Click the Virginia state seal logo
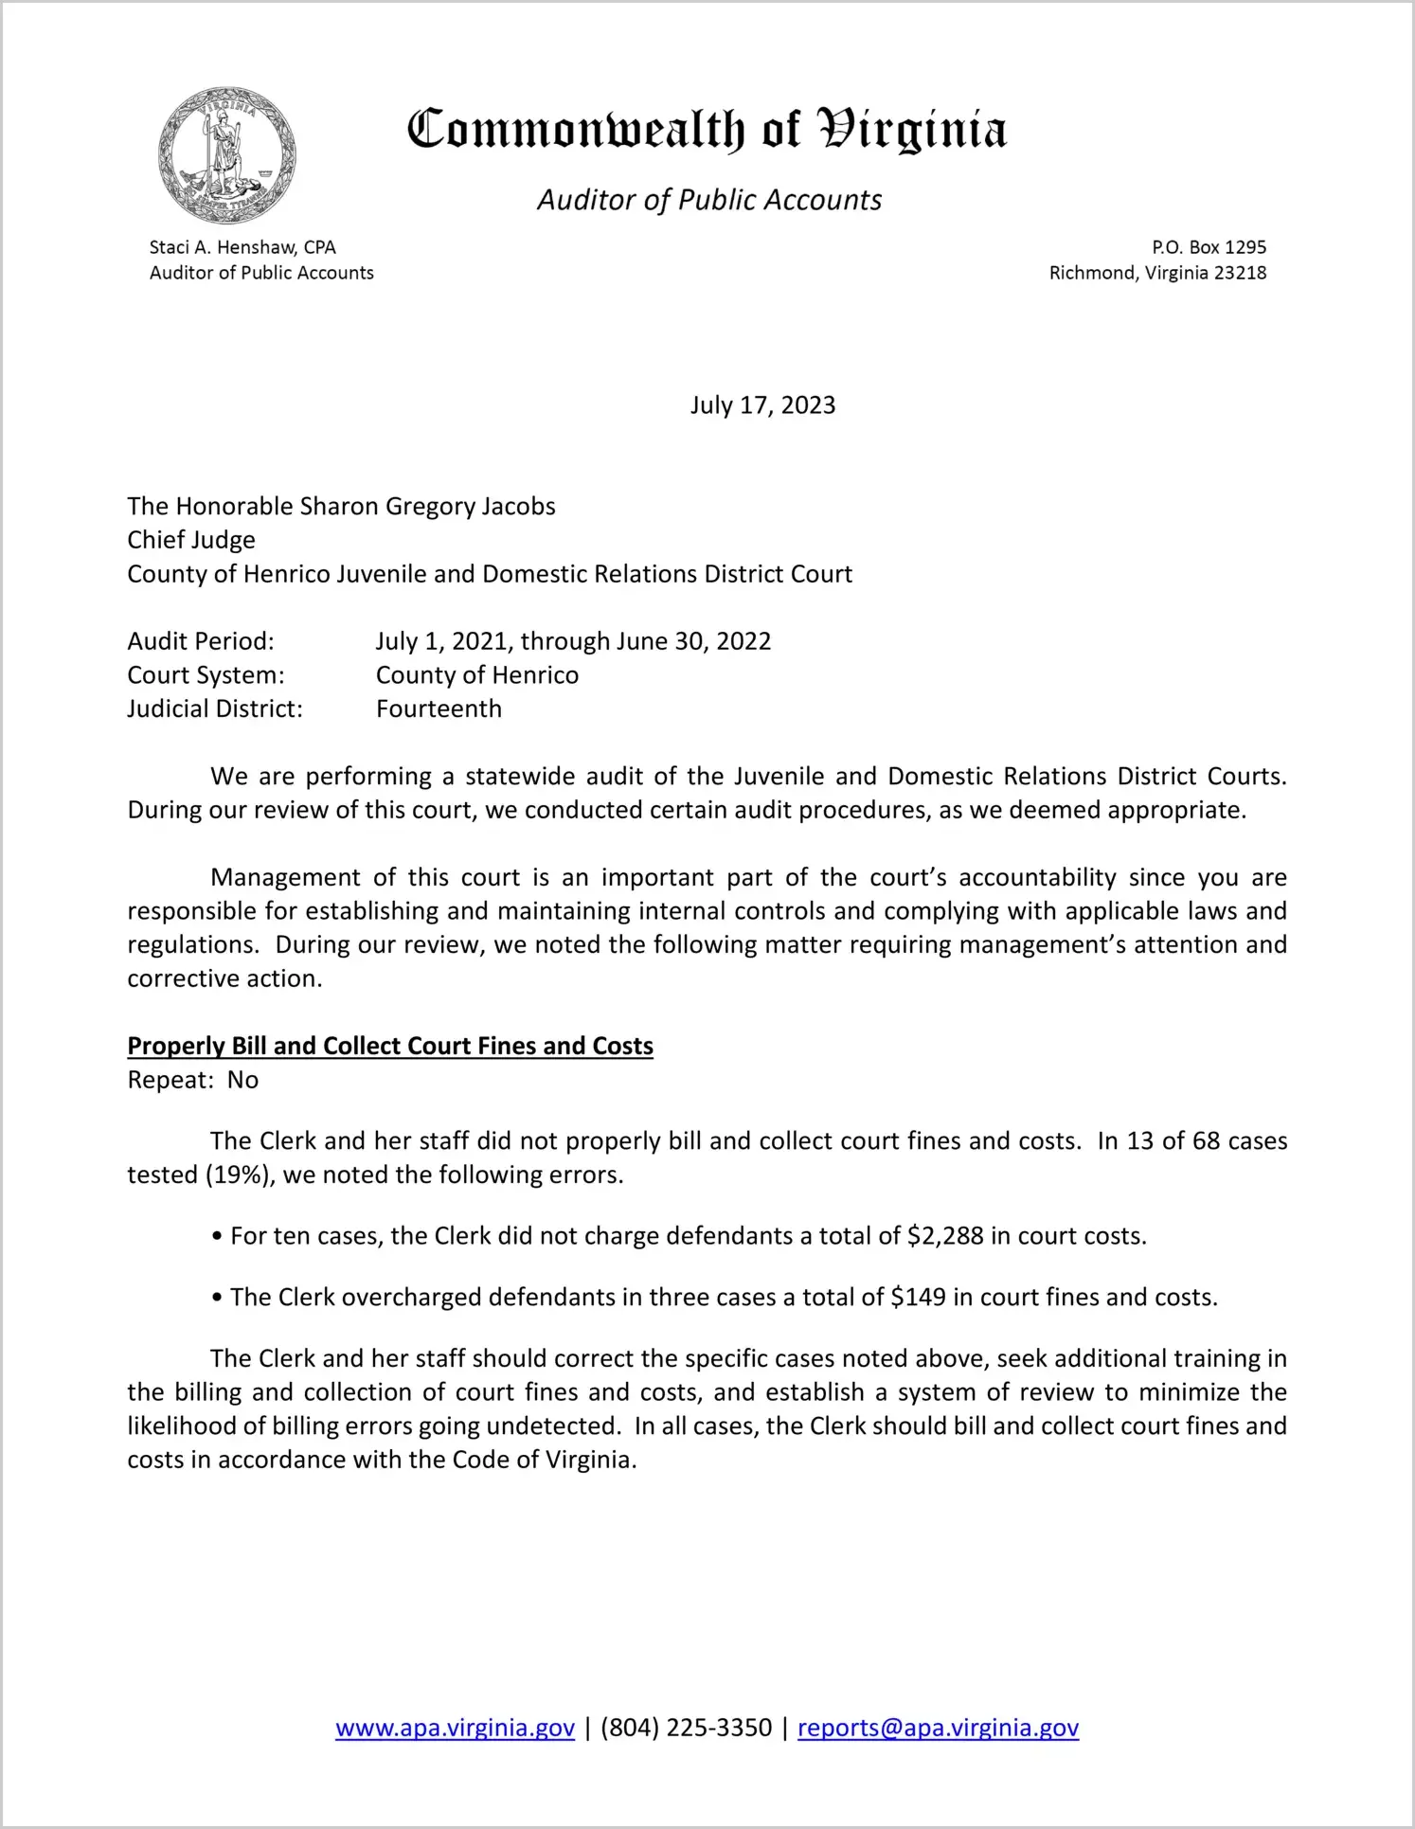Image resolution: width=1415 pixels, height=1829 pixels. point(227,155)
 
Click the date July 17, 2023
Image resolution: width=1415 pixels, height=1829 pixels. point(762,405)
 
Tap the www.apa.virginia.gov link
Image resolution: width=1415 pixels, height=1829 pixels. point(455,1728)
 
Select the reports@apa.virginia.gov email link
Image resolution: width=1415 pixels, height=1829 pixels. point(938,1728)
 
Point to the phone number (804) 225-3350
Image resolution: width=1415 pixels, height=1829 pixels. point(686,1728)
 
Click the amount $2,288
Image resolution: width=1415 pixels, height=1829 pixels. point(945,1236)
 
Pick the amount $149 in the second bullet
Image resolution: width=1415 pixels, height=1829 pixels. point(918,1298)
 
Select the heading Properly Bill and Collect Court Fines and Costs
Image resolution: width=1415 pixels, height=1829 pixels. point(390,1046)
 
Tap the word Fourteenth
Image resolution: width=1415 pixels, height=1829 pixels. point(439,709)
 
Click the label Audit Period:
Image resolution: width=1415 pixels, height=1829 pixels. point(201,641)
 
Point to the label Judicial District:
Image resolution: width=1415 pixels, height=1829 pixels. point(215,709)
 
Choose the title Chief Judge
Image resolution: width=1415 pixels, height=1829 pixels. point(191,540)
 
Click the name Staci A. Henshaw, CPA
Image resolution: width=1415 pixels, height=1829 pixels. point(242,247)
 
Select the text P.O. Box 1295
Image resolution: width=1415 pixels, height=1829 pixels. point(1209,247)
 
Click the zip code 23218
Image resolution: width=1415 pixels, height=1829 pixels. point(1240,273)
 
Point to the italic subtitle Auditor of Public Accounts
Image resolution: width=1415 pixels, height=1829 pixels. point(709,200)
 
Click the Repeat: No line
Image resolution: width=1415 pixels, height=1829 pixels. point(193,1080)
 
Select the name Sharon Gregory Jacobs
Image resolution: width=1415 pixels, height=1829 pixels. point(427,507)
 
